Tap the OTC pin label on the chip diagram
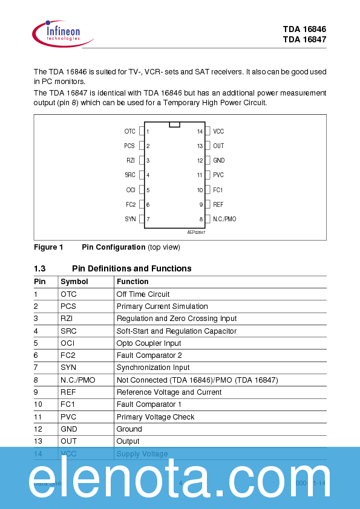coord(129,131)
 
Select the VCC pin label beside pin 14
coord(218,131)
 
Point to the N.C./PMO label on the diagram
coord(224,219)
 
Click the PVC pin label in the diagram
coord(218,175)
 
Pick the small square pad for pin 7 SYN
coord(142,219)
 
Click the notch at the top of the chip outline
coord(175,125)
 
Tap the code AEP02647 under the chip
coord(196,232)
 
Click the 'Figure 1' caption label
coord(48,247)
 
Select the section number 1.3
coord(40,268)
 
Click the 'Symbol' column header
coord(74,282)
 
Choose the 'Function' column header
coord(133,282)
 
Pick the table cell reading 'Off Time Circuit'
coord(143,294)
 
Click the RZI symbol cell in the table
coord(67,319)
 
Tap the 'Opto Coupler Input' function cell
coord(149,343)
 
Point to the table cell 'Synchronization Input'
coord(153,368)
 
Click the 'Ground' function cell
coord(129,429)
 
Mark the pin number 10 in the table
coord(38,404)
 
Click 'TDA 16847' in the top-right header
coord(304,39)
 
